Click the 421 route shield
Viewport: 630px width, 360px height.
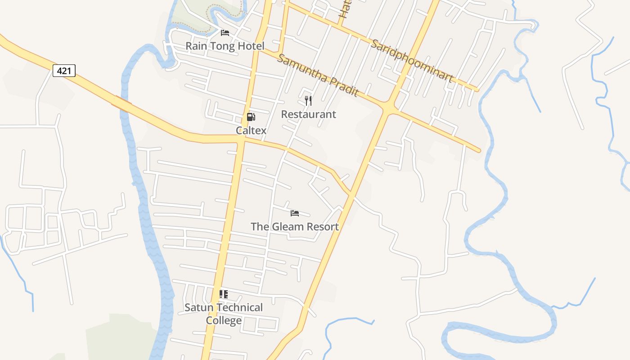tap(64, 71)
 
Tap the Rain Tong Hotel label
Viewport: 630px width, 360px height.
tap(225, 46)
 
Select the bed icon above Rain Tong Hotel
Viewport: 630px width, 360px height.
tap(225, 33)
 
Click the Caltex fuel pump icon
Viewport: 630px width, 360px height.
tap(251, 117)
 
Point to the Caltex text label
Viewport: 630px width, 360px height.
tap(251, 130)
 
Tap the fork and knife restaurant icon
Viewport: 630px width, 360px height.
tap(308, 101)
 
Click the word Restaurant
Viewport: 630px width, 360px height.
tap(308, 114)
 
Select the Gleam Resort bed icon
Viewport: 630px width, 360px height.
tap(295, 213)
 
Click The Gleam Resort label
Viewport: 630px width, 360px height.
tap(295, 226)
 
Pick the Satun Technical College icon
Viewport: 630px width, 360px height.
tap(224, 294)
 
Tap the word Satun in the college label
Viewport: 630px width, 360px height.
tap(198, 308)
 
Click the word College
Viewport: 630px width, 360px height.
tap(224, 321)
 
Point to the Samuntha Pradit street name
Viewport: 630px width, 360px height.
tap(318, 76)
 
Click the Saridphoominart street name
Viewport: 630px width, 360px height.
tap(412, 61)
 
